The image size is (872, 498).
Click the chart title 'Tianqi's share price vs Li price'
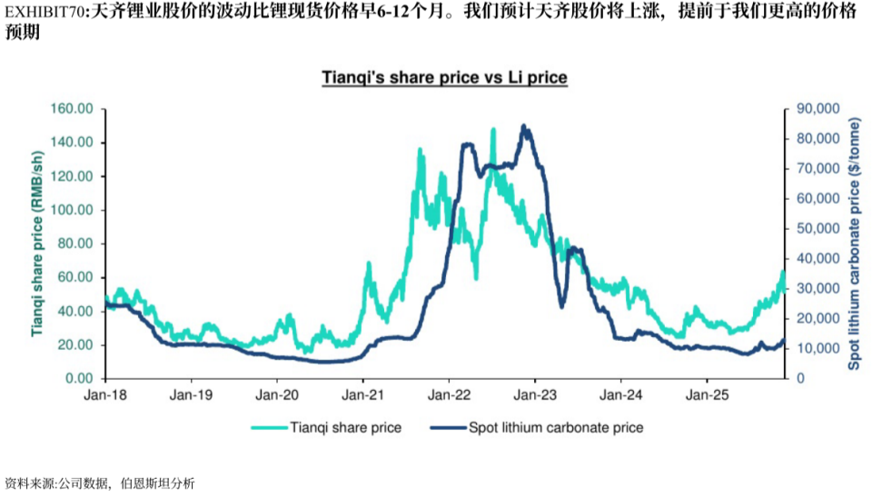click(444, 77)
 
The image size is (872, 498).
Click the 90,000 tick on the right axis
click(817, 109)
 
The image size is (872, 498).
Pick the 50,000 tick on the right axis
click(817, 229)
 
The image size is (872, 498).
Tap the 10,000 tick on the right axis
click(817, 349)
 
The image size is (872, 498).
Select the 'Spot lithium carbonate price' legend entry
click(554, 427)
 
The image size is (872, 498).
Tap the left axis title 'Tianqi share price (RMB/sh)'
click(37, 243)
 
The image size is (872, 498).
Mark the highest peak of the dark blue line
click(523, 126)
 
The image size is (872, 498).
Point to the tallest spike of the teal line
click(493, 130)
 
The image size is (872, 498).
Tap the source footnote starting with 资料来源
click(99, 483)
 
